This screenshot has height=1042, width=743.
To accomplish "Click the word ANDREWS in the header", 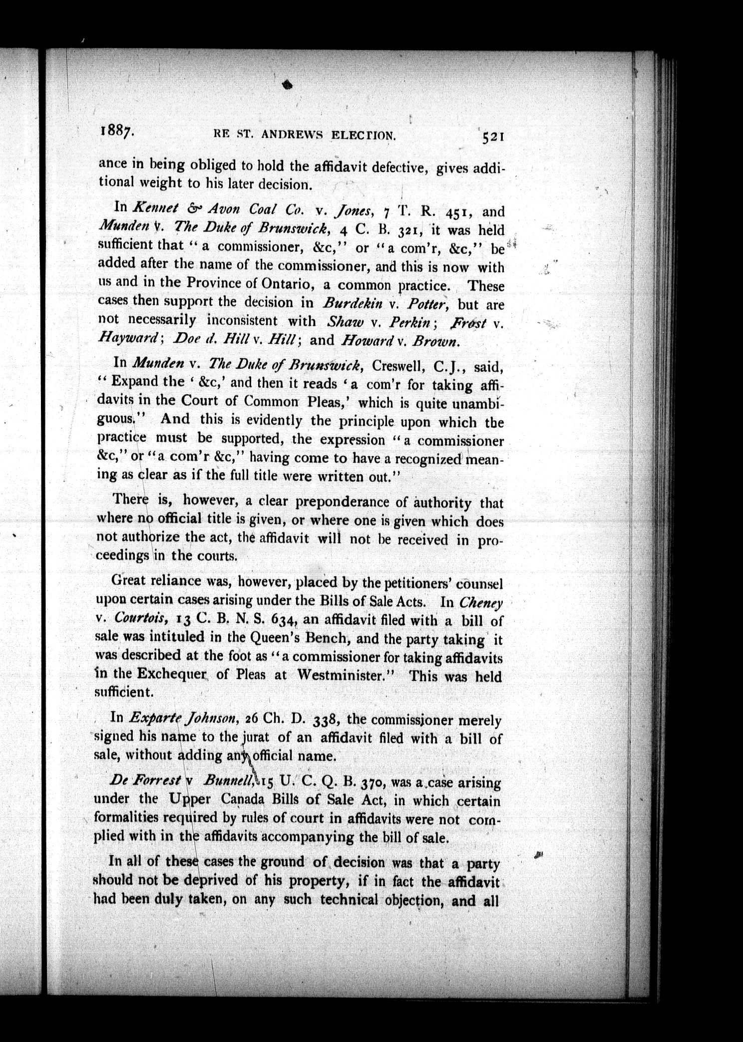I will click(x=288, y=134).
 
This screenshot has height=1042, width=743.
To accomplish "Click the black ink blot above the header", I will click(x=287, y=85).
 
